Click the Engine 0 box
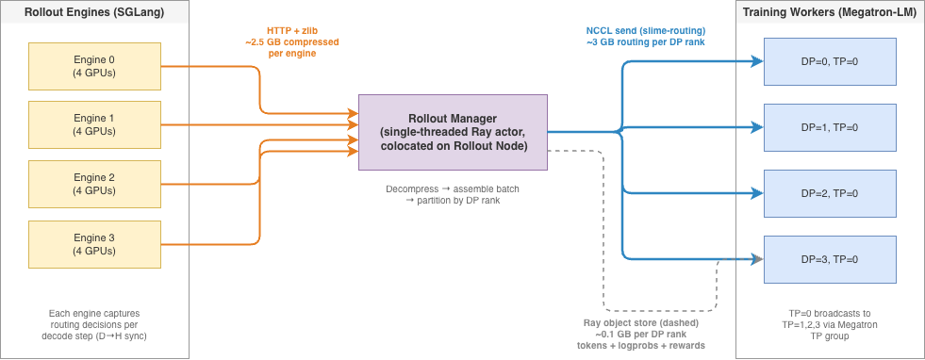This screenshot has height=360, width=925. [x=93, y=66]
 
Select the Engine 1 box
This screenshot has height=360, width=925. [x=93, y=125]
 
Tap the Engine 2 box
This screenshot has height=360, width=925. [x=93, y=184]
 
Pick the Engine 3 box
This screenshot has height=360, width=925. [x=93, y=243]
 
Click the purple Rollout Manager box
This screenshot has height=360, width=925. [x=453, y=132]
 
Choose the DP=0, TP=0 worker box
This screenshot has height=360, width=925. [x=829, y=61]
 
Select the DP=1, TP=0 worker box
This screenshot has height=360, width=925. [x=829, y=127]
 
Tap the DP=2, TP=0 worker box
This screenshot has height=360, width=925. [x=829, y=193]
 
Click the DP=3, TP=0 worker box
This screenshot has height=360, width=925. [x=829, y=258]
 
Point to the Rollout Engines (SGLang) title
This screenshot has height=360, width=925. [x=93, y=11]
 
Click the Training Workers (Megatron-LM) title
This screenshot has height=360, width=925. [x=829, y=11]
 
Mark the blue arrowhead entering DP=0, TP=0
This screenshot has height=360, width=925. [x=757, y=61]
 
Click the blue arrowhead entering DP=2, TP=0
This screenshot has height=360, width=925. [x=757, y=193]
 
